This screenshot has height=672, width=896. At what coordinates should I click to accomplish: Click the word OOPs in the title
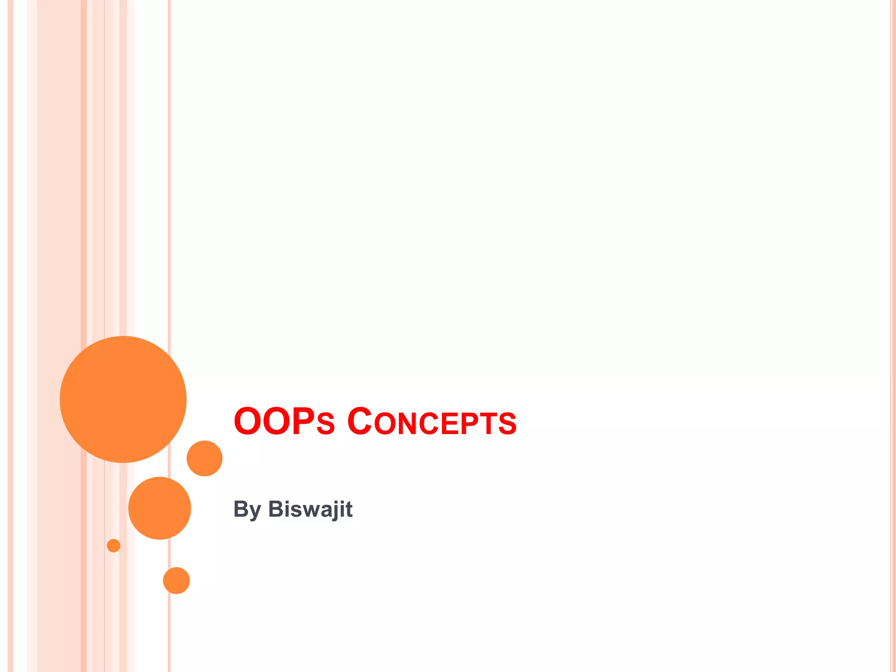284,422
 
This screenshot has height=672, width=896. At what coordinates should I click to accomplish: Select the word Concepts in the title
432,422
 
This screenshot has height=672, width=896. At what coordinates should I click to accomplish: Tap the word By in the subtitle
247,510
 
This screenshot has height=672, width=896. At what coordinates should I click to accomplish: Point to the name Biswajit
310,510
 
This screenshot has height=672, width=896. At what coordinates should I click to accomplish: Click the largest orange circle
123,399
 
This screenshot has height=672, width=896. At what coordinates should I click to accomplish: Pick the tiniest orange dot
113,546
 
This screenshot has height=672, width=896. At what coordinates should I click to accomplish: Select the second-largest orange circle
160,508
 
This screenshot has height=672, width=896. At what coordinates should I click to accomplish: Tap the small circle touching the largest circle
204,458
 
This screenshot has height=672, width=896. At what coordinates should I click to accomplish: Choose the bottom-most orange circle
176,581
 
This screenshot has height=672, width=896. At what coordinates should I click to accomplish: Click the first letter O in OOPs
247,422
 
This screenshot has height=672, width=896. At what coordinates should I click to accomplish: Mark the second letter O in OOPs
277,422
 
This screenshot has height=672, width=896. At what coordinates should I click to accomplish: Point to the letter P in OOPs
304,422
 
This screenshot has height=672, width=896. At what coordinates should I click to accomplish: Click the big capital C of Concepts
360,422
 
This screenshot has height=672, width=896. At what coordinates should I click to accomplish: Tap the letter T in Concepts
490,424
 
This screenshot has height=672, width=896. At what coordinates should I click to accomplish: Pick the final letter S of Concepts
508,424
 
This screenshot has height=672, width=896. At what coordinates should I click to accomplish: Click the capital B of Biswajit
277,509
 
